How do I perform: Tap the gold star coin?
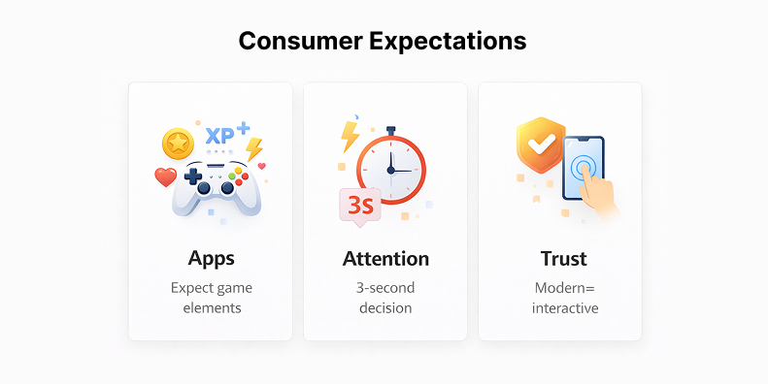click(x=178, y=144)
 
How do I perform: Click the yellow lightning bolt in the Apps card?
click(x=253, y=148)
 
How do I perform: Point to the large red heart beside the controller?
click(x=166, y=177)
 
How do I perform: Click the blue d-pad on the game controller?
click(x=192, y=178)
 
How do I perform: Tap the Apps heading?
click(x=211, y=259)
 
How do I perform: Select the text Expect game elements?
click(x=211, y=298)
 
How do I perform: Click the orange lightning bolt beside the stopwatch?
click(x=350, y=135)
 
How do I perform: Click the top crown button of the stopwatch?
click(x=390, y=129)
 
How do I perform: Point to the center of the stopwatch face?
click(x=390, y=170)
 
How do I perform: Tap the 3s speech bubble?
click(x=360, y=206)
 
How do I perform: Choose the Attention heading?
click(x=385, y=259)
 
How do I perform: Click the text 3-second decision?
click(x=385, y=298)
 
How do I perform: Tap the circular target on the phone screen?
click(x=582, y=168)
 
